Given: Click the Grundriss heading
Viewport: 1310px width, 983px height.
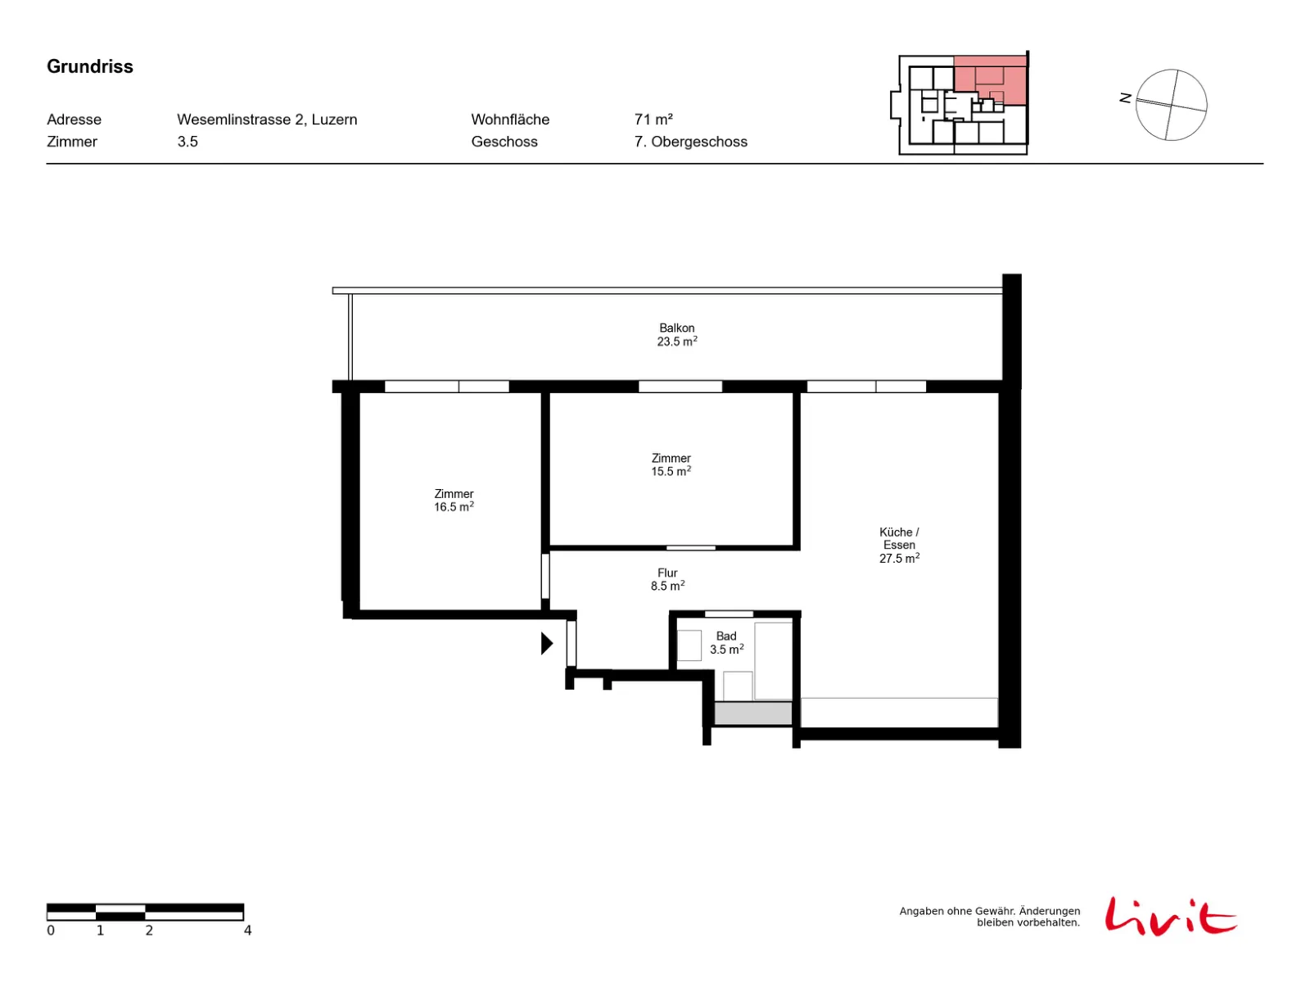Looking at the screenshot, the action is coord(90,66).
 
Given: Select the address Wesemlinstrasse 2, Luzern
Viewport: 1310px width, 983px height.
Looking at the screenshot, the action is coord(267,120).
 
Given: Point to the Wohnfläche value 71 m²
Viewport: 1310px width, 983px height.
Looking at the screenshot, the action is coord(653,120).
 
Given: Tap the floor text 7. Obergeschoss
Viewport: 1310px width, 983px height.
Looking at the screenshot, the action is coord(690,142).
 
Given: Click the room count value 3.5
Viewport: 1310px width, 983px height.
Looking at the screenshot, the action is coord(187,142).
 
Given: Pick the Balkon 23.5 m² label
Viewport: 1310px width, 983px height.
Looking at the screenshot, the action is coord(677,335).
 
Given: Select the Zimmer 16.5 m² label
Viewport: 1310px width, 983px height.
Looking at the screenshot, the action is coord(454,501).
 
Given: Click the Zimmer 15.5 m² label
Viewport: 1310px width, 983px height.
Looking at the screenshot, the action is coord(671,465).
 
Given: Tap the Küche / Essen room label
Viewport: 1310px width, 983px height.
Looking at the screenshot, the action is coord(899,545).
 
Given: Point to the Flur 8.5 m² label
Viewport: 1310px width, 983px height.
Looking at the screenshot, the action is coord(667,579).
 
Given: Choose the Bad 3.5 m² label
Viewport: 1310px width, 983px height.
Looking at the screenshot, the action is coord(726,643).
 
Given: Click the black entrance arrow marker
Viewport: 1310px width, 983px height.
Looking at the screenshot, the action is coord(547,643).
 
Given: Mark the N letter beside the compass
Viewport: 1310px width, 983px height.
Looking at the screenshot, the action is coord(1125,97).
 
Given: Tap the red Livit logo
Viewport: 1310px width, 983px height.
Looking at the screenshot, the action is coord(1170,917).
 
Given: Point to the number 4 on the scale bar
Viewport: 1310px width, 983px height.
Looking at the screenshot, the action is coord(248,931).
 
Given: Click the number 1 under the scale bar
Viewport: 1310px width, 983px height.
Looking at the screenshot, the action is coord(100,931).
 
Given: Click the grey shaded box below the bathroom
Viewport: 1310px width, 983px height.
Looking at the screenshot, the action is coord(752,713).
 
